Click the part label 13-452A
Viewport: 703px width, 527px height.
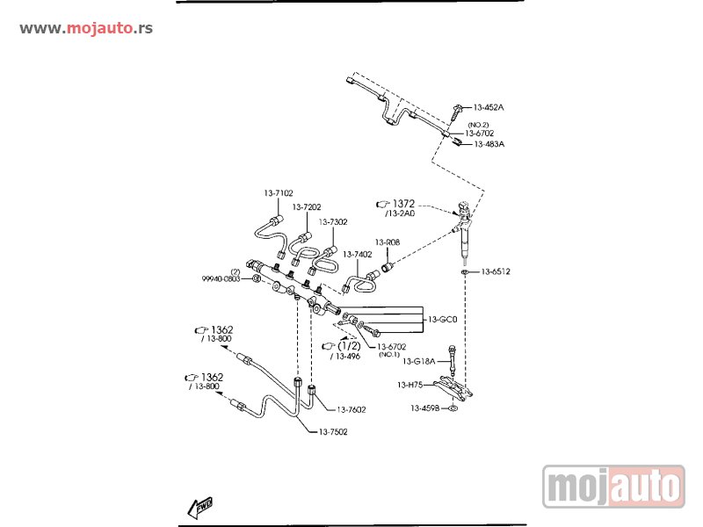tap(489, 107)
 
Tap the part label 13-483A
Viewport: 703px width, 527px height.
tap(489, 143)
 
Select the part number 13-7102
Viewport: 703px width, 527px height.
tap(279, 192)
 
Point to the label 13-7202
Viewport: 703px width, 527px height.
tap(307, 207)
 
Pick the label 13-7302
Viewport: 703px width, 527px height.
tap(333, 222)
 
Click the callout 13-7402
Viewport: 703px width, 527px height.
tap(358, 254)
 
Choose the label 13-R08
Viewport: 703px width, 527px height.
tap(388, 242)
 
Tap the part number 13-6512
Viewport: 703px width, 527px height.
tap(496, 271)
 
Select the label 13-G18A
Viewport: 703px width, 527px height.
tap(419, 361)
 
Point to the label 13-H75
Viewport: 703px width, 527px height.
tap(410, 385)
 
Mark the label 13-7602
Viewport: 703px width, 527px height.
tap(351, 409)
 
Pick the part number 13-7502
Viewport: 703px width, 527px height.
tap(334, 431)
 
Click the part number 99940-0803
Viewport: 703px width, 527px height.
tap(220, 278)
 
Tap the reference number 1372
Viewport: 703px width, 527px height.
tap(402, 203)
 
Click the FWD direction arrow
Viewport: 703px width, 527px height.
tap(200, 507)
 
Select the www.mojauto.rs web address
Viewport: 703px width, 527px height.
tap(86, 28)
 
